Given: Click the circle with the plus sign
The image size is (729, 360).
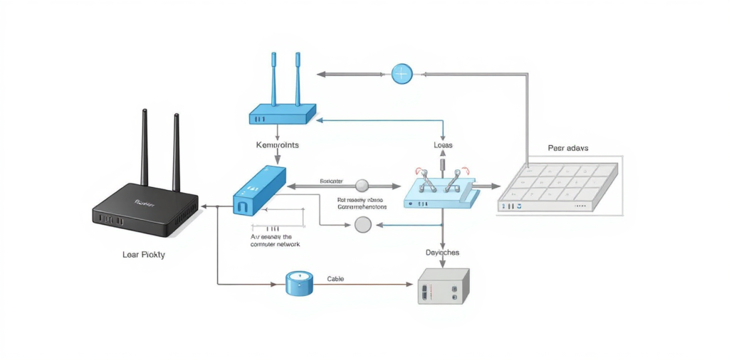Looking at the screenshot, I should (402, 73).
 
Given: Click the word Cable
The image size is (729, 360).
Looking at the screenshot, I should (335, 279).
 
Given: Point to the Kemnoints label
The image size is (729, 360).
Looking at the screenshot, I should (277, 144).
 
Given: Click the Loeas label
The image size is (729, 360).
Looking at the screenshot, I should (443, 145).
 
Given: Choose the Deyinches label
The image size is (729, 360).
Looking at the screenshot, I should (442, 253).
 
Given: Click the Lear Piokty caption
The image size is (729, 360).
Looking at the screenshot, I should (143, 255).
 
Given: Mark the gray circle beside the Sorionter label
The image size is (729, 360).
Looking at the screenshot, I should (362, 186).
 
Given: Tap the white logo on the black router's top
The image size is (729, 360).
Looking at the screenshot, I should (145, 202).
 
